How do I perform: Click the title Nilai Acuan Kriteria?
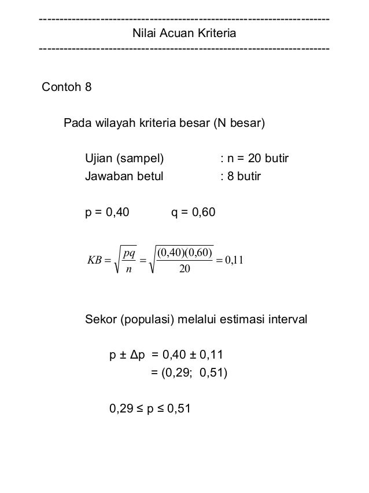pyautogui.click(x=184, y=34)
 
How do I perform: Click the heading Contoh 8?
pyautogui.click(x=67, y=89)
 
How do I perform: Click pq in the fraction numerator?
pyautogui.click(x=129, y=253)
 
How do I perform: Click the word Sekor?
pyautogui.click(x=101, y=319)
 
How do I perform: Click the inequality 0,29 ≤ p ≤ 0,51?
pyautogui.click(x=150, y=410)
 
